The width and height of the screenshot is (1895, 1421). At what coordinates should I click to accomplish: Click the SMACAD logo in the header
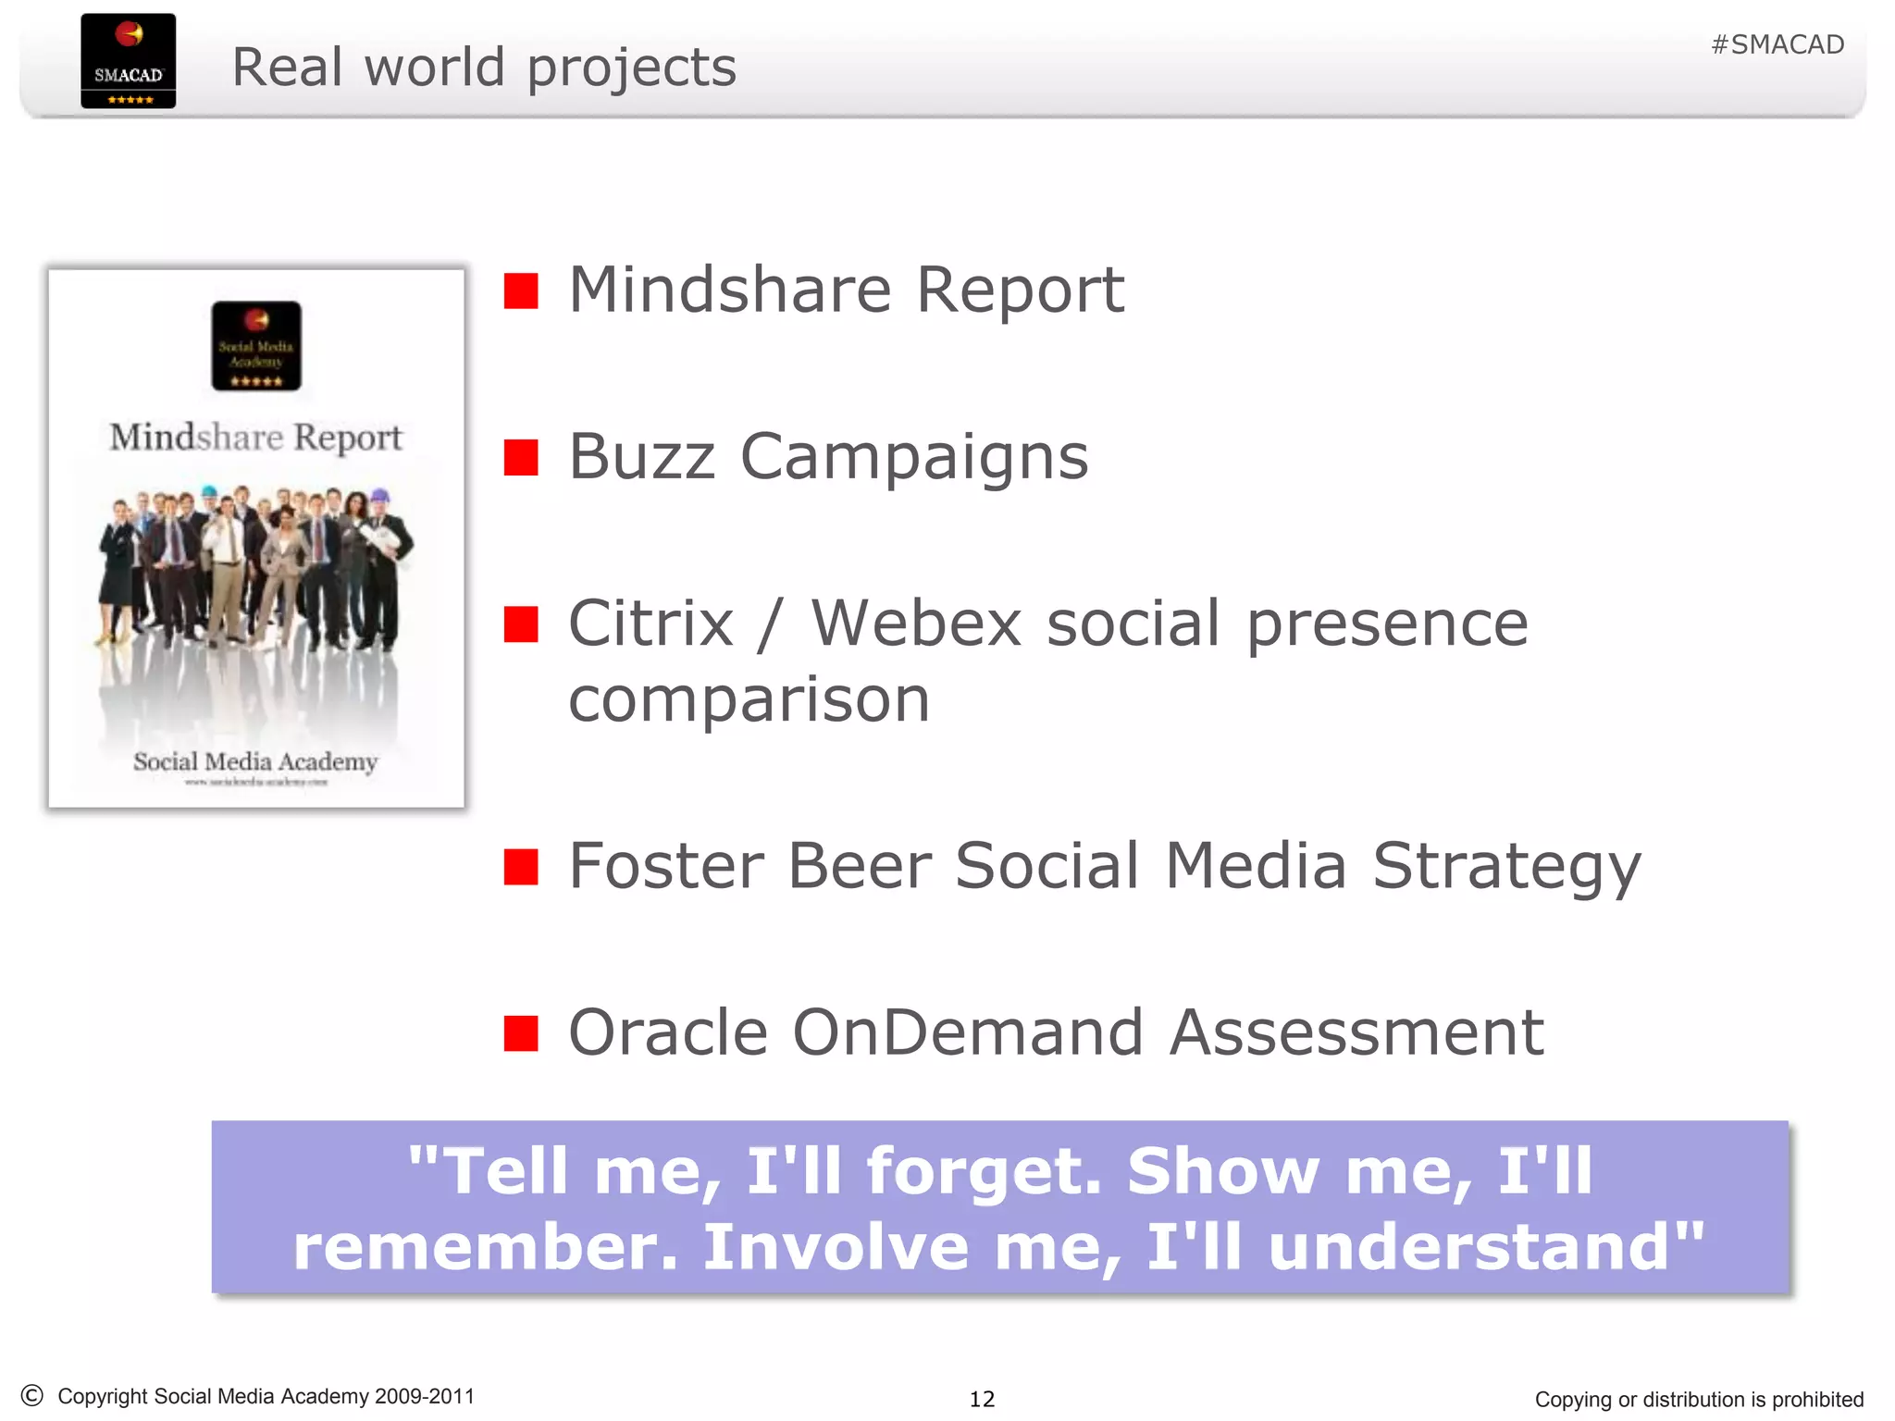[128, 61]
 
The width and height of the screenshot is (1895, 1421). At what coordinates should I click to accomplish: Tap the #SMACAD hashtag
[1777, 44]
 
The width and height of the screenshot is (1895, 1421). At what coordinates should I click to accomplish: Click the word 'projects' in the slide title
[631, 68]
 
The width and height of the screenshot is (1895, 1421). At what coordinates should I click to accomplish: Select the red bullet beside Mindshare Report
[521, 290]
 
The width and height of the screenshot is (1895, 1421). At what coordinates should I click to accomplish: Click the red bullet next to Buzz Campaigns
[521, 457]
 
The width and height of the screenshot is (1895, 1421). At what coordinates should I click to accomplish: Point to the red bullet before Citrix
[521, 624]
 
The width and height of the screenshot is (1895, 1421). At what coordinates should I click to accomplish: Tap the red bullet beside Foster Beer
[521, 867]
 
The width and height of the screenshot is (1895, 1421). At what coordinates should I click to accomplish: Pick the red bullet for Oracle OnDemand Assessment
[521, 1033]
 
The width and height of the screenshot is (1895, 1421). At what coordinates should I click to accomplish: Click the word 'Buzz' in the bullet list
[641, 457]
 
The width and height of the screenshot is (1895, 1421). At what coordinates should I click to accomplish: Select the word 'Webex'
[916, 624]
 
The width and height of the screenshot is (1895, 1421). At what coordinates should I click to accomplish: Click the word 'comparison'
[748, 700]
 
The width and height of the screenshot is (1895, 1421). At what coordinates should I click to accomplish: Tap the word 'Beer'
[859, 867]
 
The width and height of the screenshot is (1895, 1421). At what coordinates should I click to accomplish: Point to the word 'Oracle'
[667, 1033]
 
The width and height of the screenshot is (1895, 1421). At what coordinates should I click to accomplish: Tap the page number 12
[982, 1399]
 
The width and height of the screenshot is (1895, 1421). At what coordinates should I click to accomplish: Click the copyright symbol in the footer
[32, 1395]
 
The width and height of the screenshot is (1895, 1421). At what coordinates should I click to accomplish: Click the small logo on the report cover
[256, 346]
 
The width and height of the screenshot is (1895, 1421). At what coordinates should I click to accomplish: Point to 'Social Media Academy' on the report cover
[255, 762]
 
